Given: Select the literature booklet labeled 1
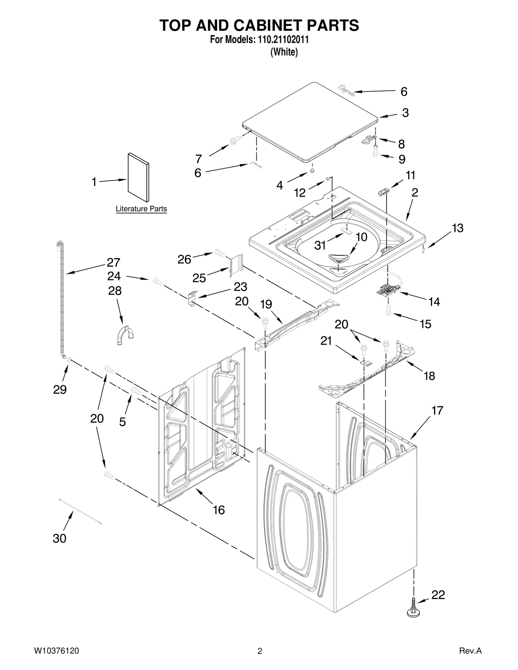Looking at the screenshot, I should (139, 177).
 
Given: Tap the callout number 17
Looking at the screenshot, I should (437, 411).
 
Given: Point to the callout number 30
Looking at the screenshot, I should (59, 538).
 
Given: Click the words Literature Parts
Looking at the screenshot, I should (141, 209).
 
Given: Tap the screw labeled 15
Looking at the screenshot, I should (388, 309).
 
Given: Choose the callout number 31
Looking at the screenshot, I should (320, 246).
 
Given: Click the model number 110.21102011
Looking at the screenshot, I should (283, 39).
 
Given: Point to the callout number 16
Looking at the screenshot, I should (219, 510).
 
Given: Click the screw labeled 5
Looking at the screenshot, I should (136, 391).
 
